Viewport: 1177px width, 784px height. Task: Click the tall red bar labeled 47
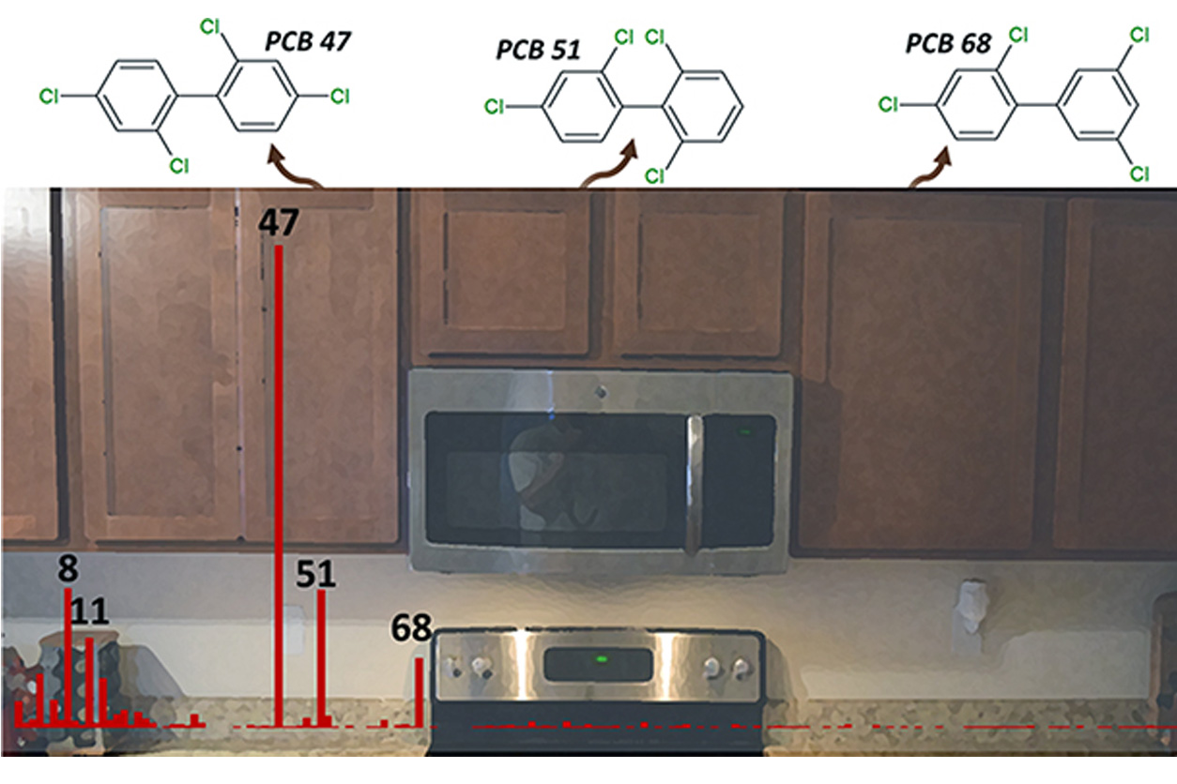[x=278, y=488]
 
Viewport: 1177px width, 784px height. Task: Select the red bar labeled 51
[x=321, y=656]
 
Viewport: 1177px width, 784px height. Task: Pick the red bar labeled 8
[x=68, y=656]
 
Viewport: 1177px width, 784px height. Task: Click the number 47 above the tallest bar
[x=279, y=223]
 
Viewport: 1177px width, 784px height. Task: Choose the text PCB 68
[x=948, y=42]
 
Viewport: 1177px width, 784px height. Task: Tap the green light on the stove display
[x=601, y=658]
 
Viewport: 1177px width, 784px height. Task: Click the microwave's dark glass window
[x=554, y=478]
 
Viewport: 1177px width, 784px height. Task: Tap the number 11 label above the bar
[x=89, y=614]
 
